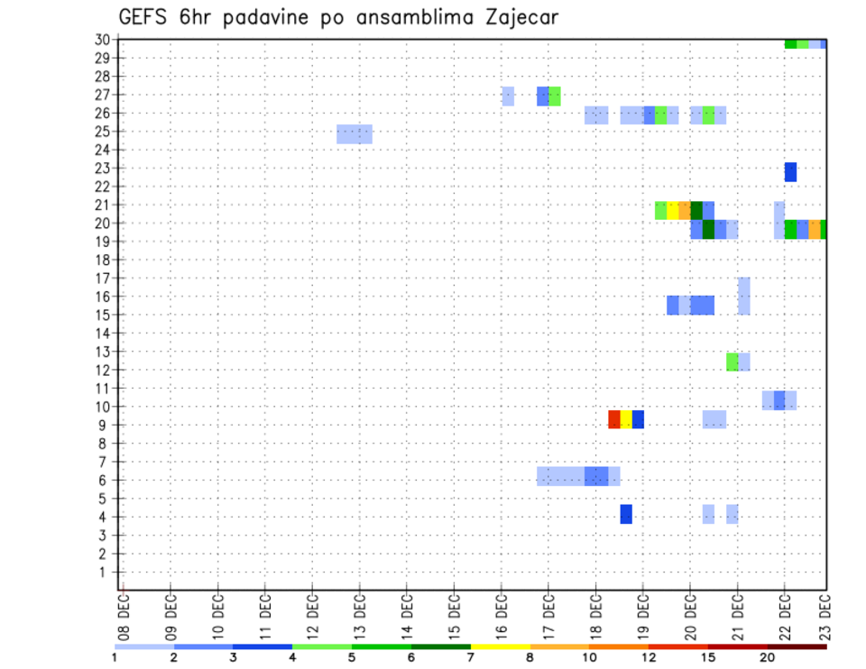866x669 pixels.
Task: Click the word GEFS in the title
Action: pos(143,17)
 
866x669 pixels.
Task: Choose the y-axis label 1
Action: pos(106,572)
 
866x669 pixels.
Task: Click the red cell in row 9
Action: pos(614,419)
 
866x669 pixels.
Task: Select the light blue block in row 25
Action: pos(355,134)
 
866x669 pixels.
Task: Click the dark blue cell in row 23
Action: pos(790,172)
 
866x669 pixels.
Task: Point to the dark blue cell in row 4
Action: pos(626,514)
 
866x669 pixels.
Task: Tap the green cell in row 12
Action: pos(732,362)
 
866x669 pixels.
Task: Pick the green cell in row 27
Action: pos(555,96)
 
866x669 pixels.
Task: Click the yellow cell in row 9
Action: pos(626,419)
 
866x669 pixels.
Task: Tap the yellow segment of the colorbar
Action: pos(500,646)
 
